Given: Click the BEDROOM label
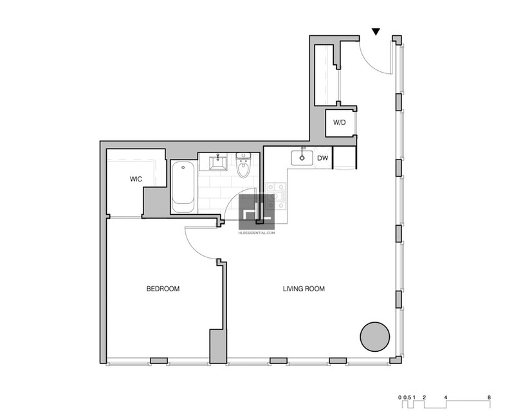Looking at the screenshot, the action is point(163,289).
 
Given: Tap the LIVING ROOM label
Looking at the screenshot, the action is point(304,289).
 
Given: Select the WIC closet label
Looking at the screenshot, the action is point(136,179).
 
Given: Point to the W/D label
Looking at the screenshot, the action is point(340,123).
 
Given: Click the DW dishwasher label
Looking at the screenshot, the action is point(322,158).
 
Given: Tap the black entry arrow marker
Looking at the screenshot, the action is point(376,32).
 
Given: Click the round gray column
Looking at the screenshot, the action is point(375,336).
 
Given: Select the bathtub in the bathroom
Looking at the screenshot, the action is point(183,187).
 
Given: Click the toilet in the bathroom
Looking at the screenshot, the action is point(243,165).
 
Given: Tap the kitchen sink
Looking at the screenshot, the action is point(302,158).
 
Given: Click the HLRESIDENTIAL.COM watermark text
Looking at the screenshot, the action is point(257,233).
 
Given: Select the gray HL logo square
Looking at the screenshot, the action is point(257,212).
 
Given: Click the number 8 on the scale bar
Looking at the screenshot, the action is point(489,397).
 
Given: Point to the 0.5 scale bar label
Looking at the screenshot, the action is point(407,397).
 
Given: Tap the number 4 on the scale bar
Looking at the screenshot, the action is point(446,397).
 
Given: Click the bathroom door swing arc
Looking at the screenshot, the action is point(237,200).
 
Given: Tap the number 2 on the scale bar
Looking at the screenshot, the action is point(424,397).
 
